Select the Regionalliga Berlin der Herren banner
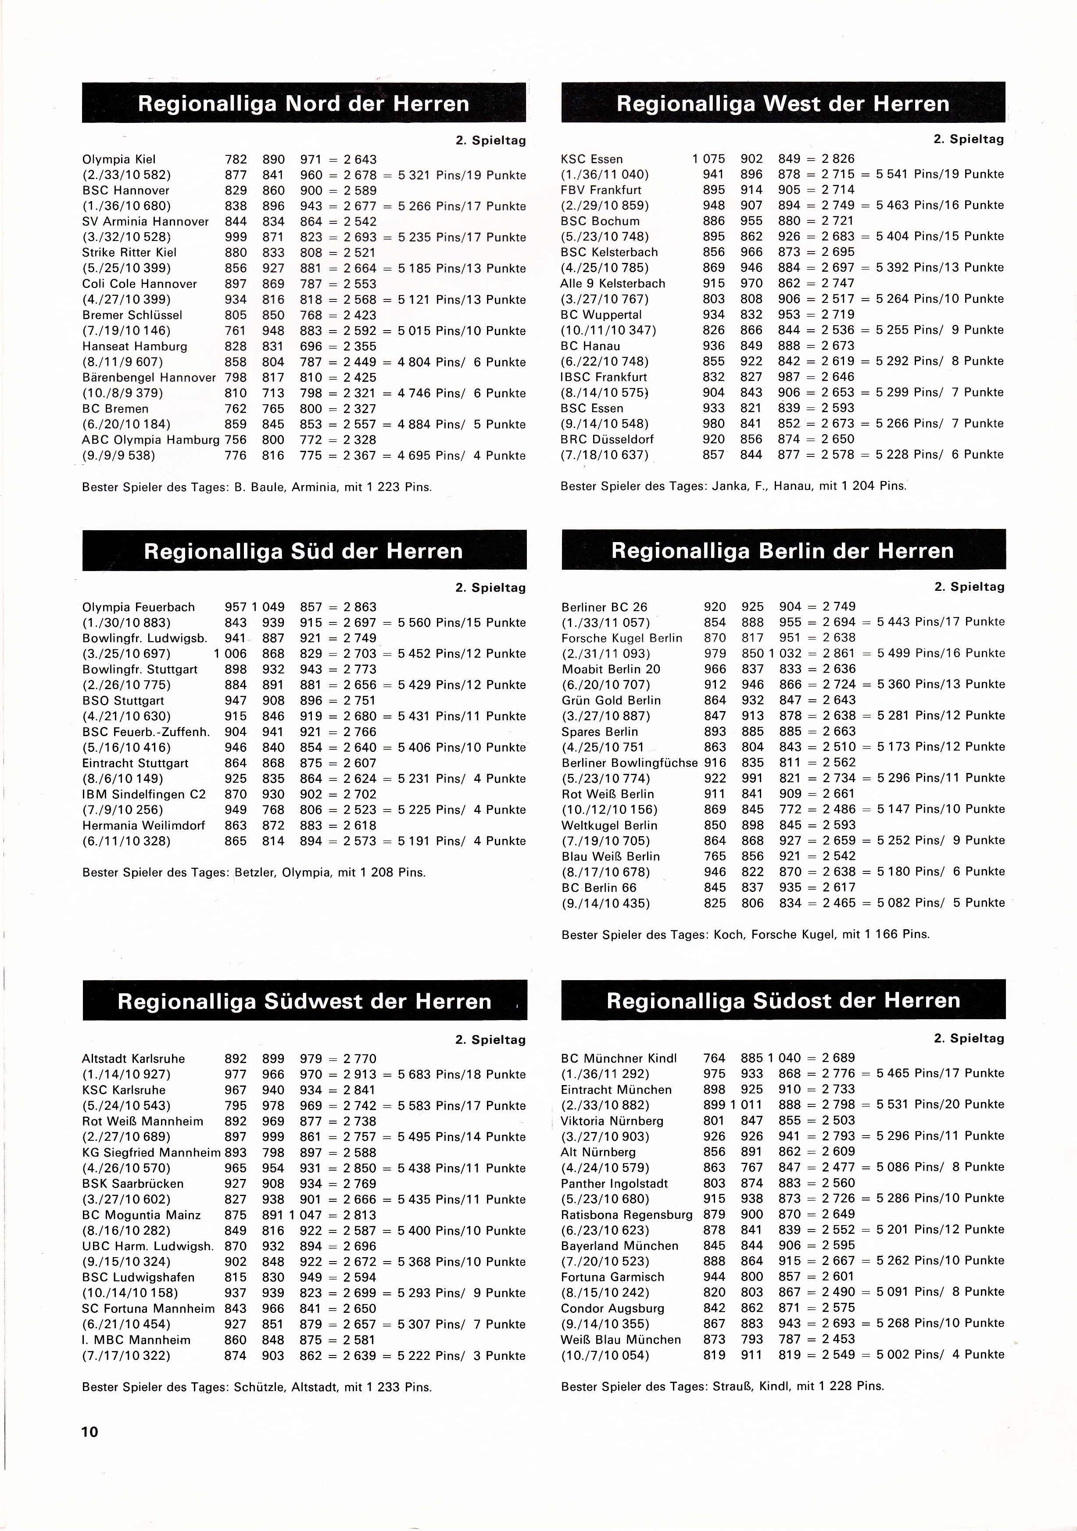click(x=783, y=551)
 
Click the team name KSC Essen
click(x=592, y=159)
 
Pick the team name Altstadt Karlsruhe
click(x=133, y=1059)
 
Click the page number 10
click(x=90, y=1432)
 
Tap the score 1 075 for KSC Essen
click(x=708, y=159)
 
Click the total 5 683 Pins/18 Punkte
click(x=461, y=1074)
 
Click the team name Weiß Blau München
click(x=620, y=1339)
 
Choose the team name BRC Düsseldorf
click(x=607, y=439)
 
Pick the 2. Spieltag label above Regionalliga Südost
click(x=968, y=1038)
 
